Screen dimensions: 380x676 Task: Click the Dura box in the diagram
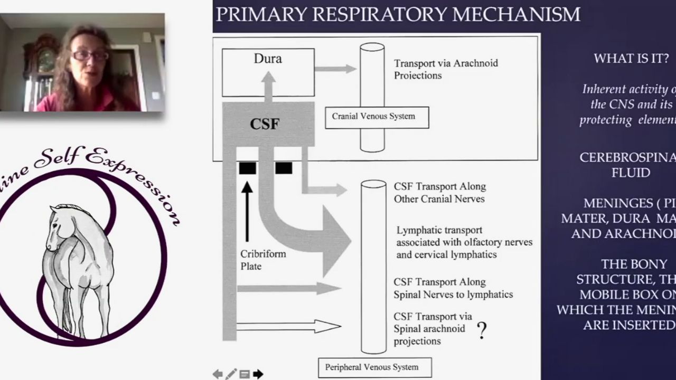[268, 72]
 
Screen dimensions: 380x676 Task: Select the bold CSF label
[265, 125]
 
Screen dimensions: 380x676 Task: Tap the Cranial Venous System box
[377, 117]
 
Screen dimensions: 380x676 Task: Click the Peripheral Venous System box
[374, 367]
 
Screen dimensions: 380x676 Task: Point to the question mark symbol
[481, 330]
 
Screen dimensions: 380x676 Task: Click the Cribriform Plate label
[263, 260]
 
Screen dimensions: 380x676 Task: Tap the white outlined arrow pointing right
[288, 326]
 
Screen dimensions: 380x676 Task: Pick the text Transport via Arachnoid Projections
[446, 69]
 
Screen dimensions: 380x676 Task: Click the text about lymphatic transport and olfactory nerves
[464, 242]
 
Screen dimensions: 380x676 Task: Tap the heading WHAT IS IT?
[631, 59]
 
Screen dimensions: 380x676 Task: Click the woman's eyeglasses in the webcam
[90, 55]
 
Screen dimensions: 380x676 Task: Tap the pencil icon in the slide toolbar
[231, 374]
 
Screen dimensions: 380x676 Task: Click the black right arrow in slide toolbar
[258, 374]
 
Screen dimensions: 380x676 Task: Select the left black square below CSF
[248, 168]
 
